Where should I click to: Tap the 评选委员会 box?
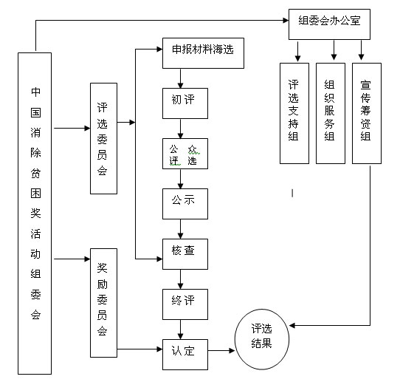tap(103, 138)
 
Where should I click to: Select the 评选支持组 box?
tap(294, 112)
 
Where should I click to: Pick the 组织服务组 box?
tap(330, 112)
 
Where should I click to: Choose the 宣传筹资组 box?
tap(367, 112)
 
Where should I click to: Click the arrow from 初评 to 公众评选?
tap(181, 129)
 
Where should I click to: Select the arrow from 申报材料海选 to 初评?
tap(181, 78)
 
